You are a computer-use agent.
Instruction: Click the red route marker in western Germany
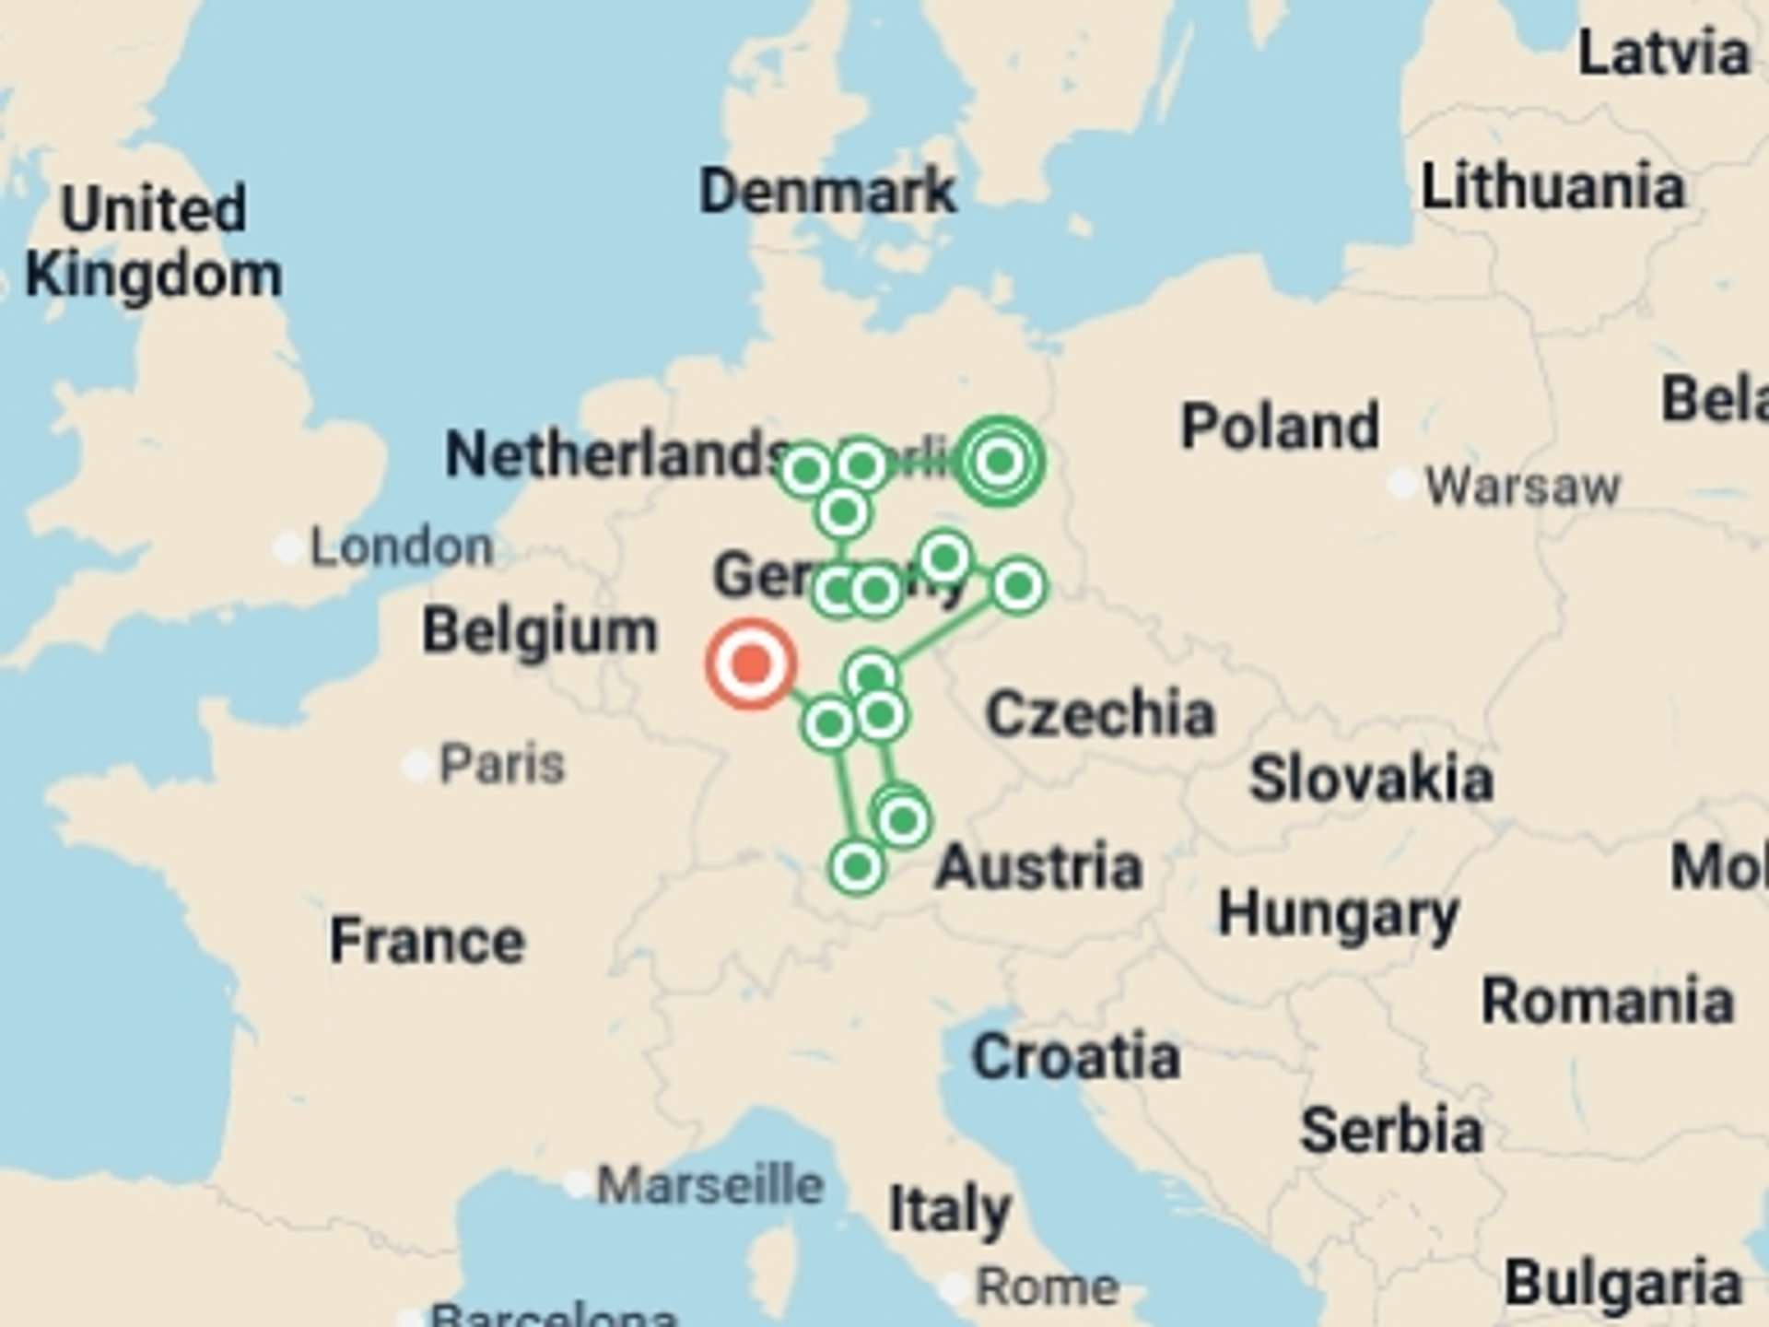tap(751, 663)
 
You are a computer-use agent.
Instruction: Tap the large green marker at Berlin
tap(1000, 461)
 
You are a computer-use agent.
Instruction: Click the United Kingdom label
tap(154, 241)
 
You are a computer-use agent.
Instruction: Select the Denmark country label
tap(827, 192)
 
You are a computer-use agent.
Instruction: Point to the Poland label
tap(1280, 426)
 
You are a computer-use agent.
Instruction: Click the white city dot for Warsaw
tap(1401, 483)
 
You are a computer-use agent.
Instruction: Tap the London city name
tap(402, 547)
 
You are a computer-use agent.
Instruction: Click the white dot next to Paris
tap(416, 765)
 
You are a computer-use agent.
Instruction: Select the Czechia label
tap(1100, 713)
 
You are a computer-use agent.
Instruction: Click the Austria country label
tap(1039, 867)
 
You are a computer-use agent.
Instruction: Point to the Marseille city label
tap(709, 1185)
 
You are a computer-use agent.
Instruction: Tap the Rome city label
tap(1048, 1287)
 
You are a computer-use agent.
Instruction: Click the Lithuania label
tap(1553, 187)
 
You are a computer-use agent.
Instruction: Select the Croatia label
tap(1076, 1056)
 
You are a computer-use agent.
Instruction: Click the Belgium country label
tap(540, 631)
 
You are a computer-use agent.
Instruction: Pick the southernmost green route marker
tap(857, 866)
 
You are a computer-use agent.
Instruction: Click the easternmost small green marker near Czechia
tap(1018, 585)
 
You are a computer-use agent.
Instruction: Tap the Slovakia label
tap(1371, 779)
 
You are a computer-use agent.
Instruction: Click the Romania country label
tap(1608, 1001)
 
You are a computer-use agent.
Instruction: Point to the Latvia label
tap(1664, 53)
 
